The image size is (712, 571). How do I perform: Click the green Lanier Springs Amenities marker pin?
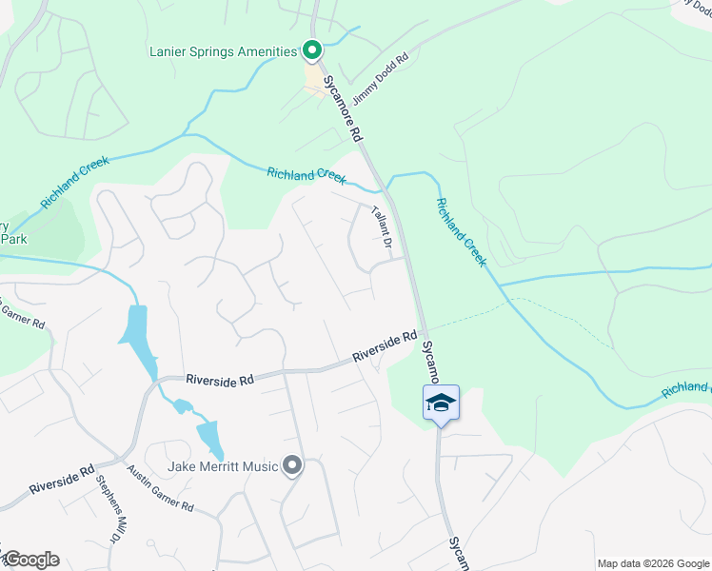[x=311, y=50]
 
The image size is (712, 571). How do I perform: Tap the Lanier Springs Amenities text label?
[x=224, y=51]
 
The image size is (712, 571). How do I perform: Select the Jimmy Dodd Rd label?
[x=379, y=79]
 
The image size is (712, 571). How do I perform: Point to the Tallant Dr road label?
[x=382, y=229]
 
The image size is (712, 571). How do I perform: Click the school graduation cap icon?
[x=441, y=403]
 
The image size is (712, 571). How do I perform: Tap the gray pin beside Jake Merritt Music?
[x=293, y=465]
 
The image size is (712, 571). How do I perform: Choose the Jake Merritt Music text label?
[x=223, y=466]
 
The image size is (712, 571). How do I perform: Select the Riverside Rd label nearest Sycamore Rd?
[x=386, y=345]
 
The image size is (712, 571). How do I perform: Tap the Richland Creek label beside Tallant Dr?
[x=307, y=174]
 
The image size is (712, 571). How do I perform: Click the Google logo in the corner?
[x=31, y=560]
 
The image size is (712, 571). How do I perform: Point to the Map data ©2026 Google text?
[x=652, y=563]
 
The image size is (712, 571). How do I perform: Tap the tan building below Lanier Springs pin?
[x=314, y=78]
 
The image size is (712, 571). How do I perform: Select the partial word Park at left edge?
[x=13, y=239]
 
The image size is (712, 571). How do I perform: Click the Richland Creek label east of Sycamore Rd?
[x=462, y=232]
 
